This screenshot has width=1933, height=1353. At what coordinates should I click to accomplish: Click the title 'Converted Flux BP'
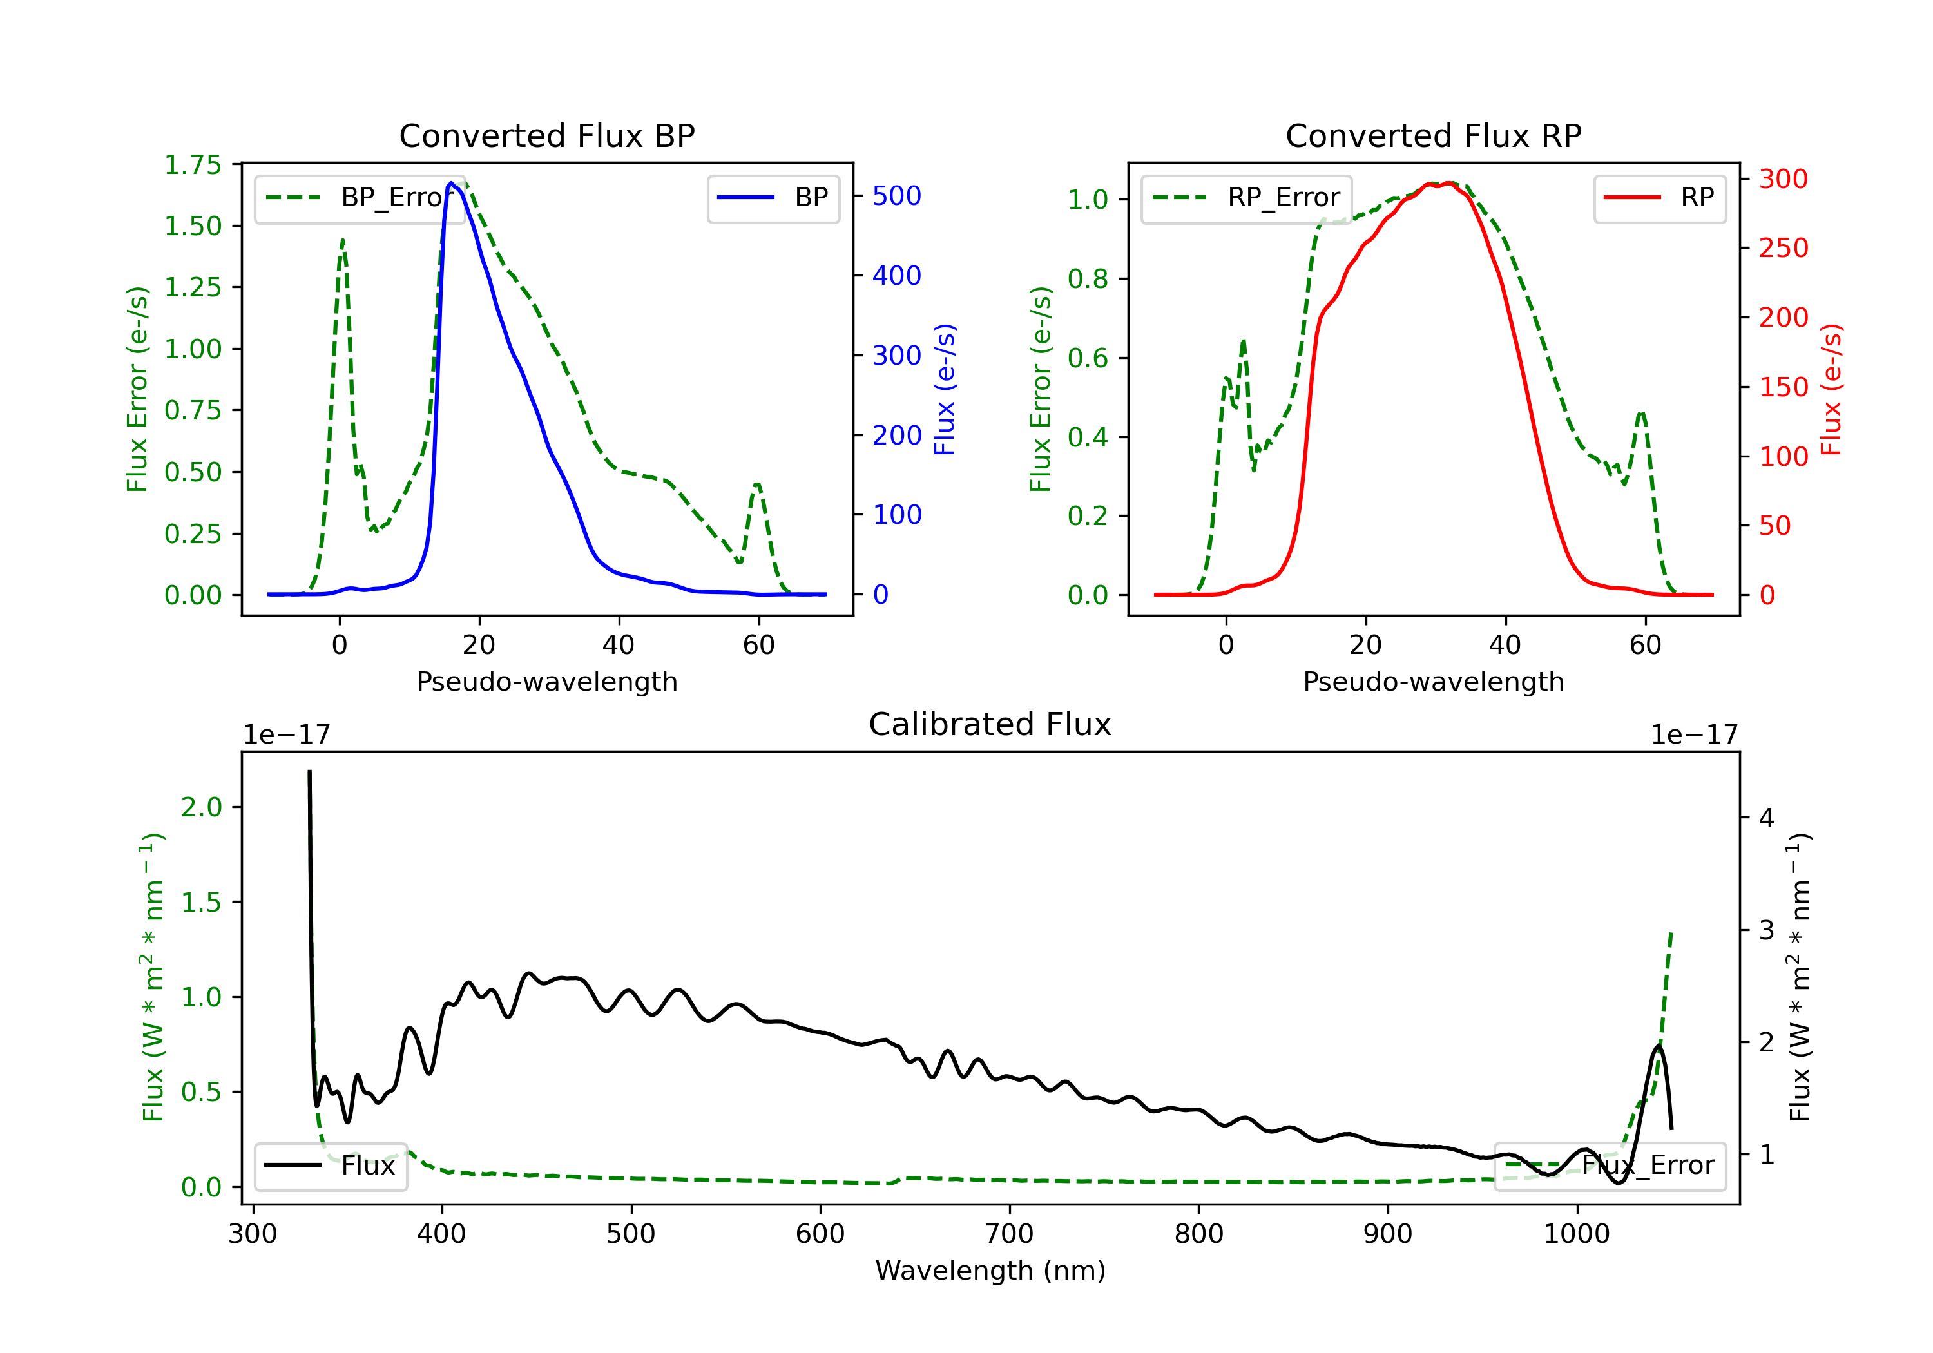coord(546,135)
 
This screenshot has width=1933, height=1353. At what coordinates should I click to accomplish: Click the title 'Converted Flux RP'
coord(1433,135)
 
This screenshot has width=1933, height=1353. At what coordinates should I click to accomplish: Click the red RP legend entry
coord(1660,198)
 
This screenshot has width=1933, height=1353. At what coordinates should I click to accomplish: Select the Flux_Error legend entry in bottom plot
coord(1610,1166)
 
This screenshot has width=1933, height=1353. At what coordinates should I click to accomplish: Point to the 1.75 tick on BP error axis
coord(192,165)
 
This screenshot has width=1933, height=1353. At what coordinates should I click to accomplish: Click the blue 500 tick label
coord(897,196)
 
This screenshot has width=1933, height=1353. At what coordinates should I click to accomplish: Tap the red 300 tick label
coord(1783,179)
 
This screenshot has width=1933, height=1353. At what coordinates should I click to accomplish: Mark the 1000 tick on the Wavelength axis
coord(1576,1234)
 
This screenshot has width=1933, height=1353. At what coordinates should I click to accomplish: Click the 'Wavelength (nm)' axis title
coord(990,1271)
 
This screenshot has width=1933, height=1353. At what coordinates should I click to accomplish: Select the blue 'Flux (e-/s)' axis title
coord(945,389)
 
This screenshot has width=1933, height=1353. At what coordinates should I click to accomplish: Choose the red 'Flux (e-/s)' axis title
coord(1832,389)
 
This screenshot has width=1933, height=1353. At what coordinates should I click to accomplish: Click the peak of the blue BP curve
coord(451,183)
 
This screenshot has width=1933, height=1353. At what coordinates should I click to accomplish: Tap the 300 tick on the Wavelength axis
coord(253,1234)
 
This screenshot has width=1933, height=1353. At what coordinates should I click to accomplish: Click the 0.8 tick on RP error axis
coord(1087,279)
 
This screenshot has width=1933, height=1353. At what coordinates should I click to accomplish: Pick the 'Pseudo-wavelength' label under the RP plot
coord(1433,681)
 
